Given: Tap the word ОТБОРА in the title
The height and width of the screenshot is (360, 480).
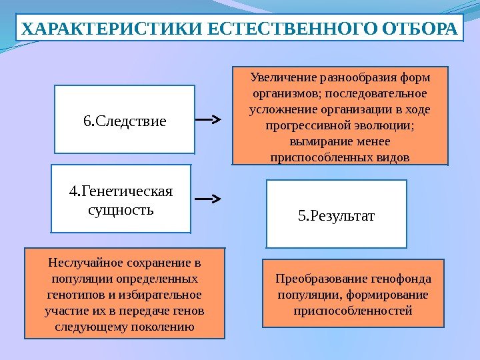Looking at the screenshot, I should [421, 31].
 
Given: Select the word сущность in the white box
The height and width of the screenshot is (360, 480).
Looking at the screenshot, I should [121, 211].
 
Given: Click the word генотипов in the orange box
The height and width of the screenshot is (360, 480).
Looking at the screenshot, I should [73, 294].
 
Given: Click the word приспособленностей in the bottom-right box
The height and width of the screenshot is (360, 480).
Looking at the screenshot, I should [353, 311].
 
